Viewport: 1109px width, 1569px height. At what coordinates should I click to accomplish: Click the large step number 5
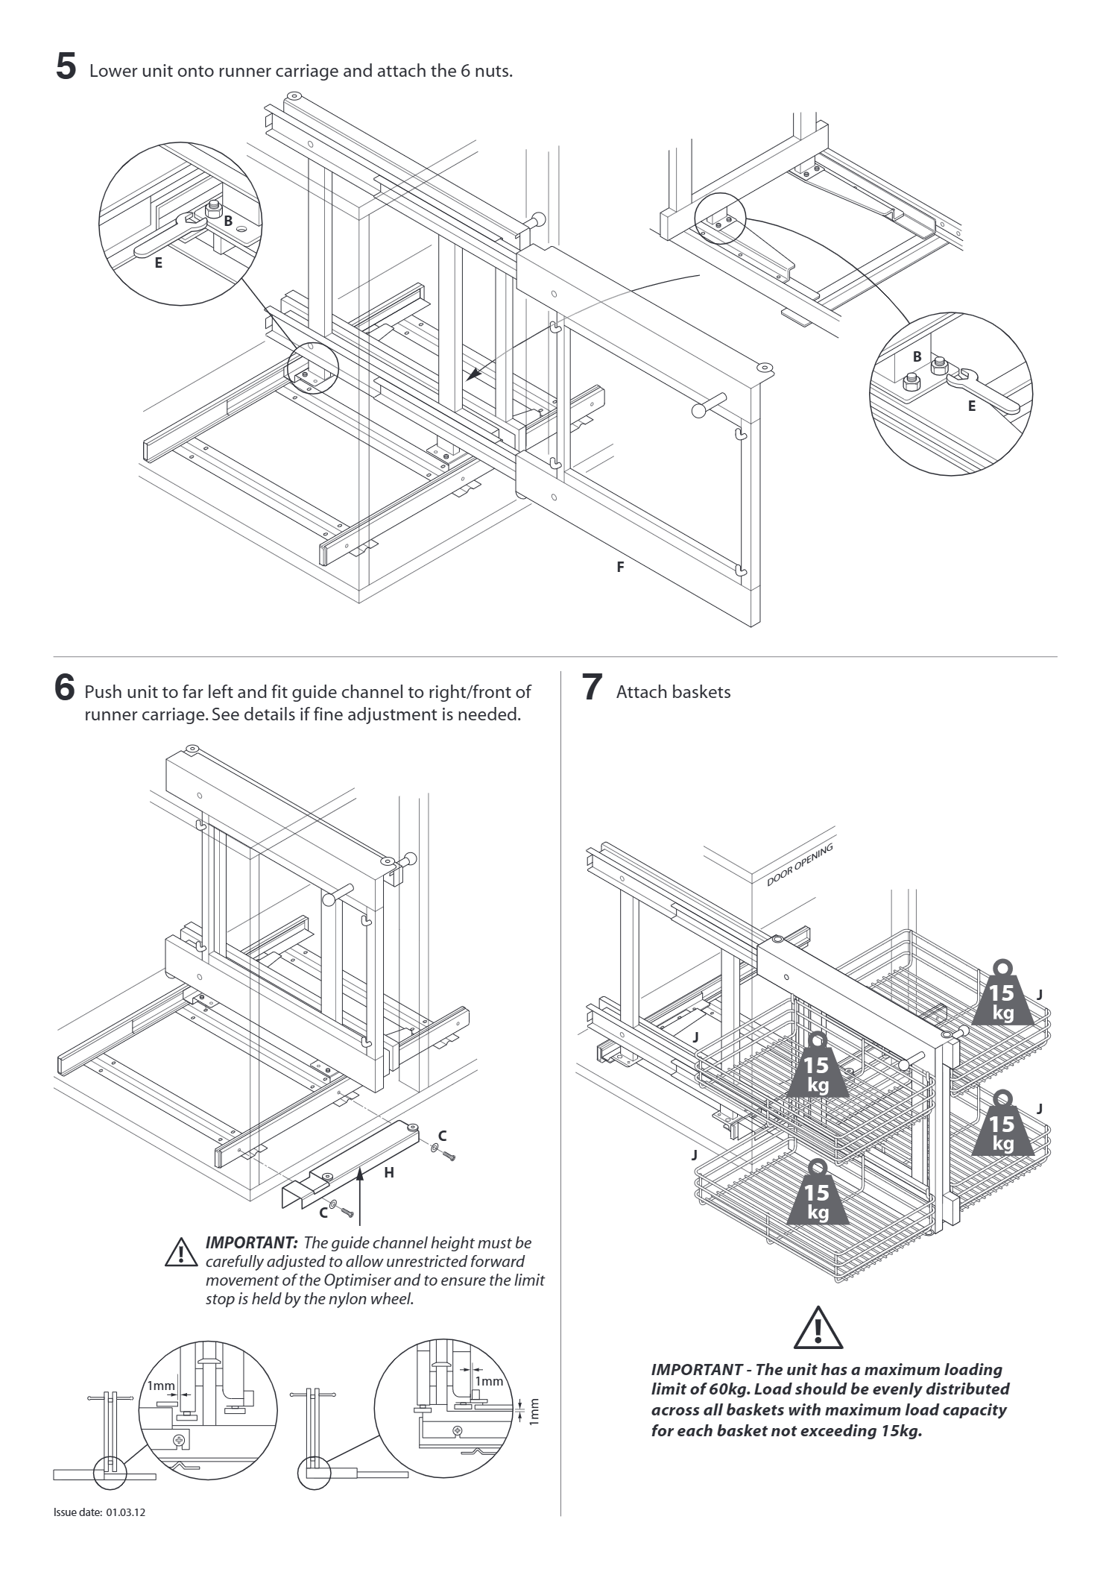point(66,66)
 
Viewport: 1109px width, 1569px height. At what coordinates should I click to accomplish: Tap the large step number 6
point(66,687)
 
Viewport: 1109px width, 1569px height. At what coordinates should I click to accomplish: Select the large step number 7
point(591,688)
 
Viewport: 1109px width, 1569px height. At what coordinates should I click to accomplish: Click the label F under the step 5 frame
point(620,567)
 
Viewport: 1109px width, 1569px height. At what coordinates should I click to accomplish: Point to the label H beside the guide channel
point(388,1172)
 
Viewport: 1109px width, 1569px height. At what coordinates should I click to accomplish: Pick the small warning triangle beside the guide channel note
point(179,1252)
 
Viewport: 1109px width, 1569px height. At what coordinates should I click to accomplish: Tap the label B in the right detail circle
point(917,356)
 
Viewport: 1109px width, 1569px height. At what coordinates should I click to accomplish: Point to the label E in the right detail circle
point(971,406)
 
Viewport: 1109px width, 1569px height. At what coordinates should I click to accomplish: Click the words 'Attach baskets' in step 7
point(673,692)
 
